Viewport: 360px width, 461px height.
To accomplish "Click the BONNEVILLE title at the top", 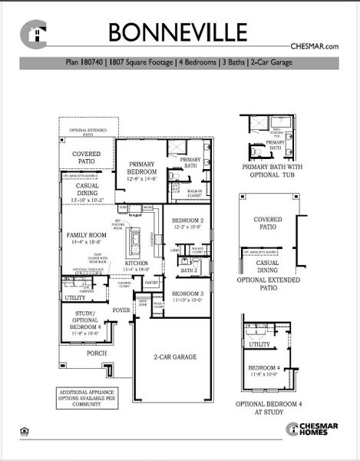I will [177, 32].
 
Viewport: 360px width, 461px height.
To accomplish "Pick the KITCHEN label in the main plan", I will [137, 266].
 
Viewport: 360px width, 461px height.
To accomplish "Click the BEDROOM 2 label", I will [187, 224].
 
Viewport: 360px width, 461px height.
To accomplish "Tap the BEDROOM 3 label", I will [187, 297].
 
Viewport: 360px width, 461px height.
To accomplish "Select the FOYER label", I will [121, 310].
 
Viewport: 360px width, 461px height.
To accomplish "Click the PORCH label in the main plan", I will [97, 353].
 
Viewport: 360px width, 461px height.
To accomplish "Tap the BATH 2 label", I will [188, 270].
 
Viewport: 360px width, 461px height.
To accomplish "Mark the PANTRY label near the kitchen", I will [150, 284].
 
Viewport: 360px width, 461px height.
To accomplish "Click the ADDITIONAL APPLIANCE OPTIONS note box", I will [89, 397].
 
